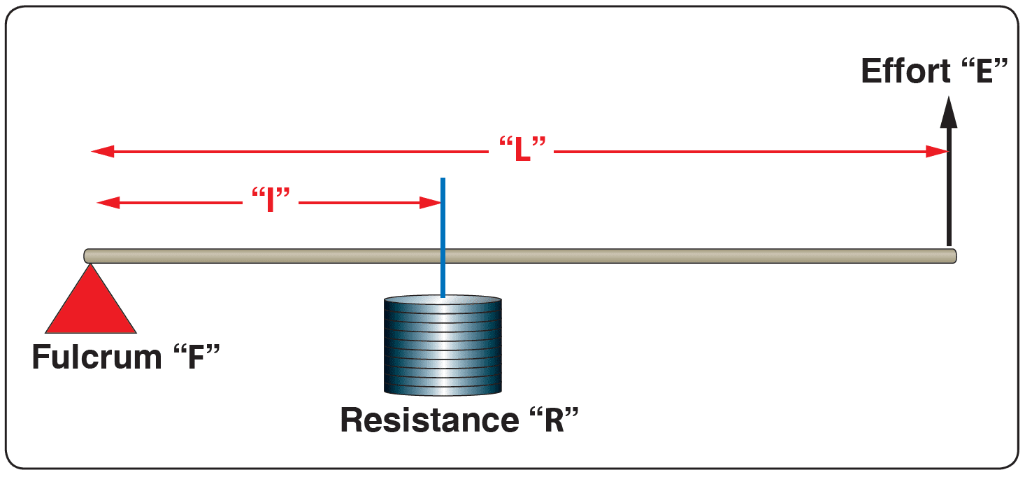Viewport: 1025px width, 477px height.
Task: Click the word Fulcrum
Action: coord(96,357)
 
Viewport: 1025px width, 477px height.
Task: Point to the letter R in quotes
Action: coord(554,420)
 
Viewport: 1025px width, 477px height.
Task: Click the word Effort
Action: coord(905,71)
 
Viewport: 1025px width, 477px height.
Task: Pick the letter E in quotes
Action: coord(984,71)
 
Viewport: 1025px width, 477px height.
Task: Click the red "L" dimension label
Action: coord(522,150)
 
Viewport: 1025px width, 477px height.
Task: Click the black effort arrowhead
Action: coord(948,113)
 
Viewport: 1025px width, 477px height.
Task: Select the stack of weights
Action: coord(443,346)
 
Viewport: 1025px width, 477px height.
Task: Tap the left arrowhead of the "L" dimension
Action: coord(101,151)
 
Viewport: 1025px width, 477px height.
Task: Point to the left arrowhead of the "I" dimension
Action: coord(106,203)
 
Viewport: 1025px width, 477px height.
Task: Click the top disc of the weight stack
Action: coord(443,301)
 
